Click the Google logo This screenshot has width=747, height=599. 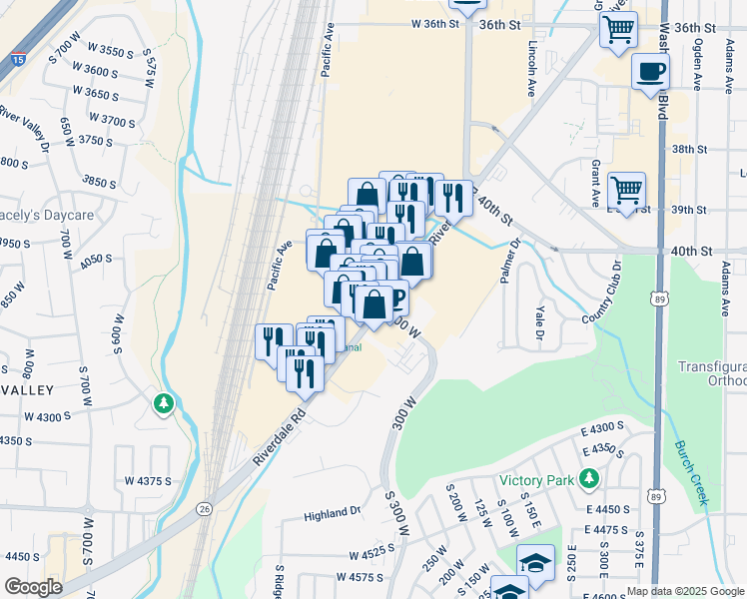pos(33,587)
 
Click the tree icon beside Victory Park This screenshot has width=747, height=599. pos(589,480)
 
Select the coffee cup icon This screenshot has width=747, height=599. pos(651,71)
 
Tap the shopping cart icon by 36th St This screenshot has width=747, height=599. pos(618,29)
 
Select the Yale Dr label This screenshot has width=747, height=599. pos(539,320)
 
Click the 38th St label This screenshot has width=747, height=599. pos(688,149)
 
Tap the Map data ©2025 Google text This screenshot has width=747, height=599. pos(685,591)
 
